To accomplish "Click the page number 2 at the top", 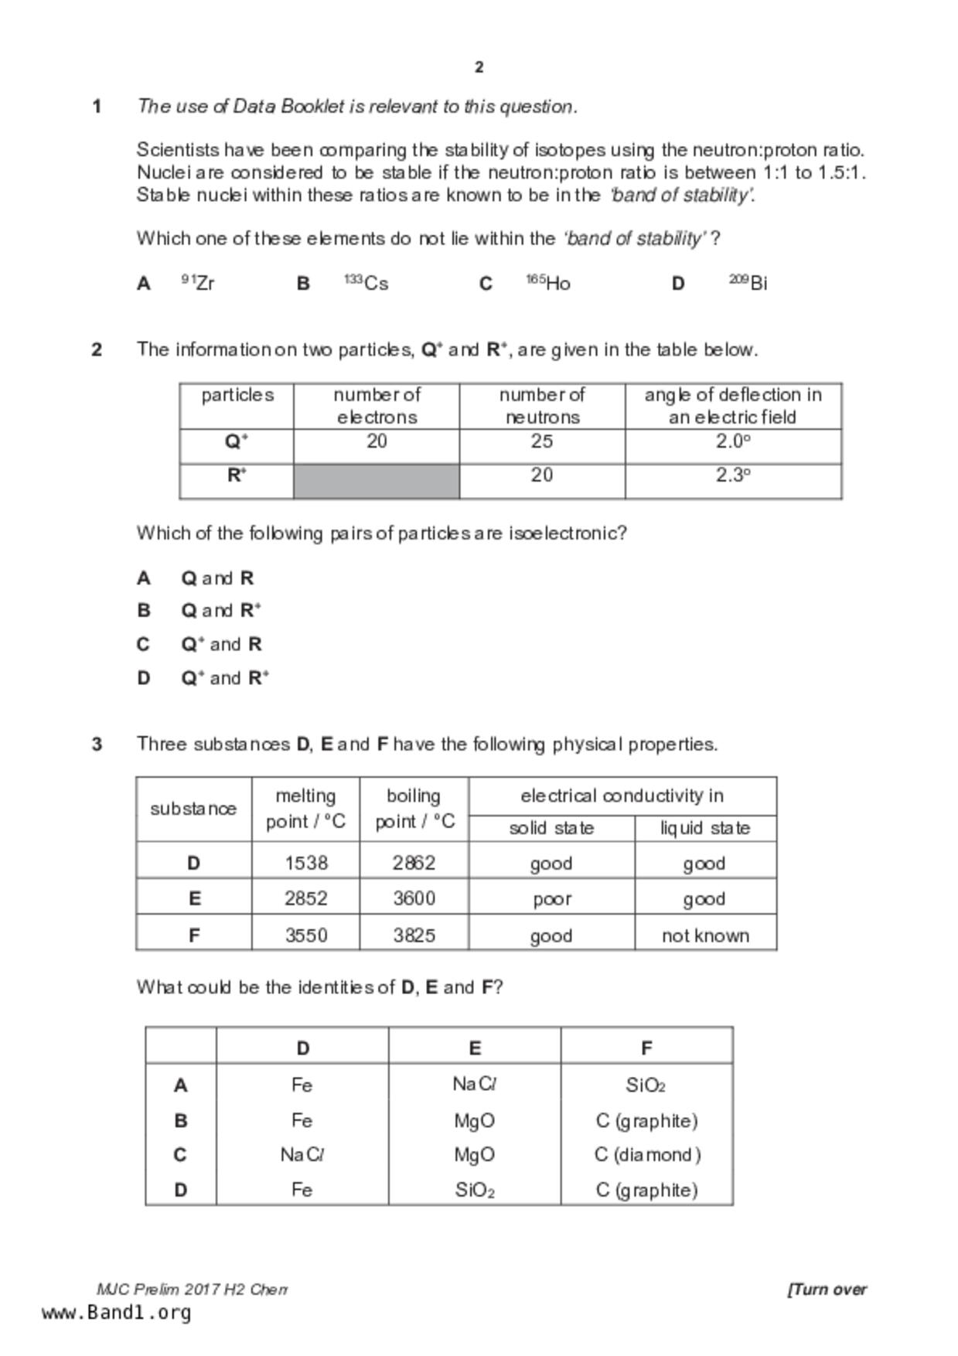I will coord(479,67).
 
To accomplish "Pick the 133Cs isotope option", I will coord(366,283).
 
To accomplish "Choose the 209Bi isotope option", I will coord(748,283).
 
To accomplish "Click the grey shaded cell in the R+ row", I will coord(376,482).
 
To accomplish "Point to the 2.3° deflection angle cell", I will coord(732,475).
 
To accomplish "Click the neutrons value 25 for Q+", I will coord(541,441).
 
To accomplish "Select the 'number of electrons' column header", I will coord(376,406).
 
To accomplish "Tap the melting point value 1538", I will coord(306,863).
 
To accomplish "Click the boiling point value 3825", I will coord(414,935).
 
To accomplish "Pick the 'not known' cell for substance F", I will coord(705,935).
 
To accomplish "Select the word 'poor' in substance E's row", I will coord(551,899).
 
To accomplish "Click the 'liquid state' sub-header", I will coord(705,829).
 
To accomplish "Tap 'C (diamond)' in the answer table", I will coord(647,1155).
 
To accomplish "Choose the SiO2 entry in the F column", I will coord(646,1085).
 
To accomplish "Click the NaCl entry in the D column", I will coord(302,1155).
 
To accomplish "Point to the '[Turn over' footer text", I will coord(827,1290).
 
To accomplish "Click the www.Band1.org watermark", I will coord(116,1313).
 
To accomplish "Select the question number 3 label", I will coord(97,744).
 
